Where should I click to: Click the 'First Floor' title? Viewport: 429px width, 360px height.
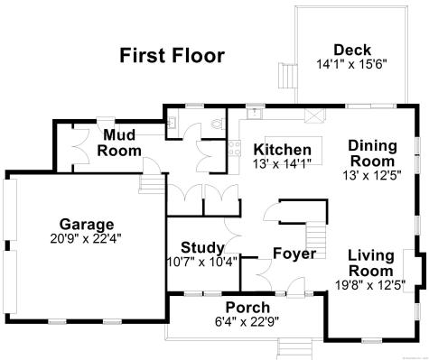172,56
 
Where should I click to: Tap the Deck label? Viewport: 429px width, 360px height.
351,50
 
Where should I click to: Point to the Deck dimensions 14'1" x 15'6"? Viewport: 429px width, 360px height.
351,65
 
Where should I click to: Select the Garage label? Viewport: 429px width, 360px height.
87,224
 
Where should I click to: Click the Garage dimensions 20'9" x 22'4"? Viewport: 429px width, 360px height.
87,239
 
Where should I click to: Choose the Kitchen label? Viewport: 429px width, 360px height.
282,150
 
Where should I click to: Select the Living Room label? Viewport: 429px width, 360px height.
370,263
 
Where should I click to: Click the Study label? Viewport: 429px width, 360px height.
196,247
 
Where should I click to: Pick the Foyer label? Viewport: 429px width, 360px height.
294,254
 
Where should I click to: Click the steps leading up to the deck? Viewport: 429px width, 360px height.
286,76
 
